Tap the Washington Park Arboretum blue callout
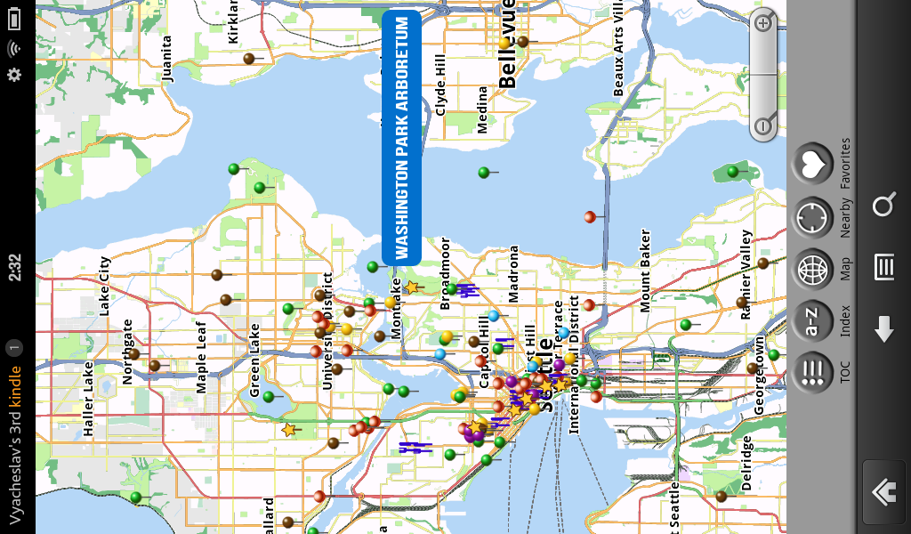tap(401, 137)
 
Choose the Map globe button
tap(811, 269)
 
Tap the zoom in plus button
tap(763, 24)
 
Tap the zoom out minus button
tap(763, 126)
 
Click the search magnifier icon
tap(883, 206)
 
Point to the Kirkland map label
tap(234, 21)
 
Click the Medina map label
tap(482, 109)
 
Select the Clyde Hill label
tap(440, 85)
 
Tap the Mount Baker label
tap(646, 271)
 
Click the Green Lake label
tap(255, 360)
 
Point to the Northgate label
tap(127, 352)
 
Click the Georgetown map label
tap(759, 374)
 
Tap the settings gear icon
tap(14, 75)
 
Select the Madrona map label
tap(513, 273)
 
